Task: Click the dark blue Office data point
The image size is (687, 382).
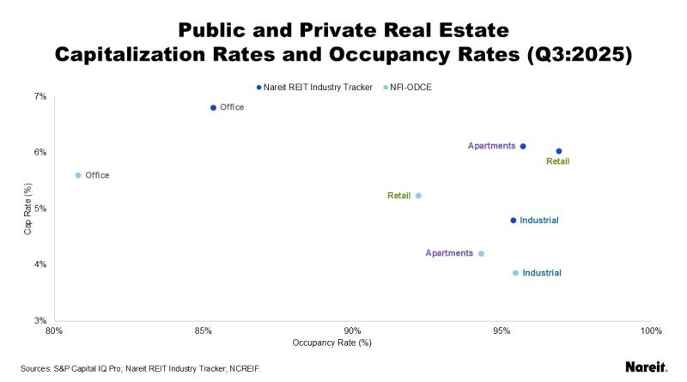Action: point(213,107)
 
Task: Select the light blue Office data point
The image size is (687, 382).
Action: point(78,175)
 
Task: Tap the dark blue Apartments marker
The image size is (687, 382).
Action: point(523,146)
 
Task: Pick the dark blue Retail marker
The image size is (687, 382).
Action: point(559,151)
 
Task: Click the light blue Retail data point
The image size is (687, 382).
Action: point(418,196)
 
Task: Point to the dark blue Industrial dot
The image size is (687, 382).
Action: point(514,221)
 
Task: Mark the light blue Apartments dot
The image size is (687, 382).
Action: point(481,253)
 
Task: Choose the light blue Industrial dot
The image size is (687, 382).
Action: point(515,273)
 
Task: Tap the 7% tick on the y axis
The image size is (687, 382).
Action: point(40,96)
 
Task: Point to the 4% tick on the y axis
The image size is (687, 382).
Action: point(40,264)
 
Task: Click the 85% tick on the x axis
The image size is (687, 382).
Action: point(204,330)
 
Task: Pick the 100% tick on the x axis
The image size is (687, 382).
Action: point(650,330)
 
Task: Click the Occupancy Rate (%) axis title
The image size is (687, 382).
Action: point(331,343)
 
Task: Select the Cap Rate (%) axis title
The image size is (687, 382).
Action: point(27,209)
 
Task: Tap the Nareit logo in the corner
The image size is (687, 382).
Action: point(647,367)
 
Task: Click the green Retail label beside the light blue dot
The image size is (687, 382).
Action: point(398,196)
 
